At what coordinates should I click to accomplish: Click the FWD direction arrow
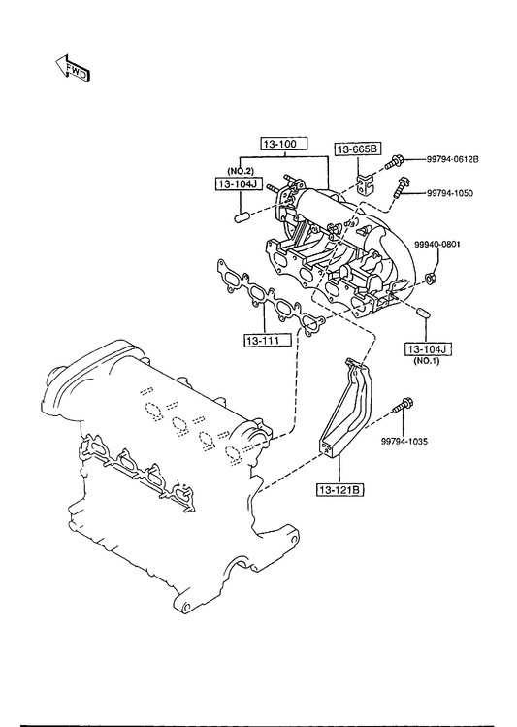tap(72, 68)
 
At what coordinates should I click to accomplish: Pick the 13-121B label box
tap(340, 489)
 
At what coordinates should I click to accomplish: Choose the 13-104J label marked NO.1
tap(429, 349)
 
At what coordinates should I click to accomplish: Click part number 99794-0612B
tap(452, 159)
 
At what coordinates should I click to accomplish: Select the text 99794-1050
tap(450, 193)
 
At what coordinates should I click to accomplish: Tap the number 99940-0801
tap(437, 244)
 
